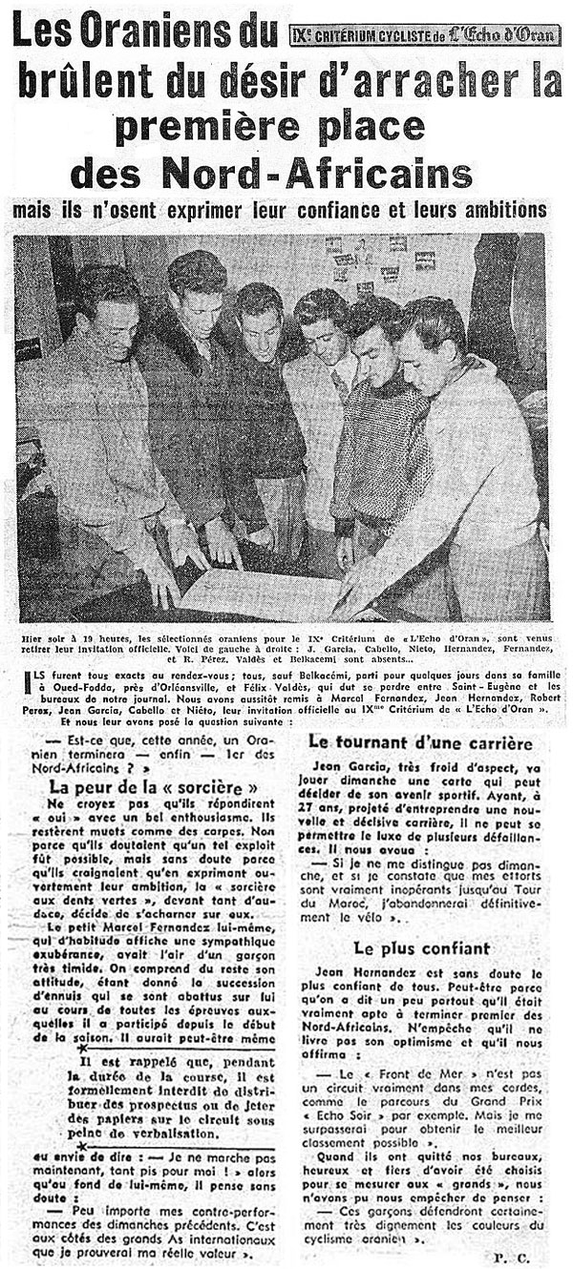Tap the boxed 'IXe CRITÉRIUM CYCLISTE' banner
point(426,35)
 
